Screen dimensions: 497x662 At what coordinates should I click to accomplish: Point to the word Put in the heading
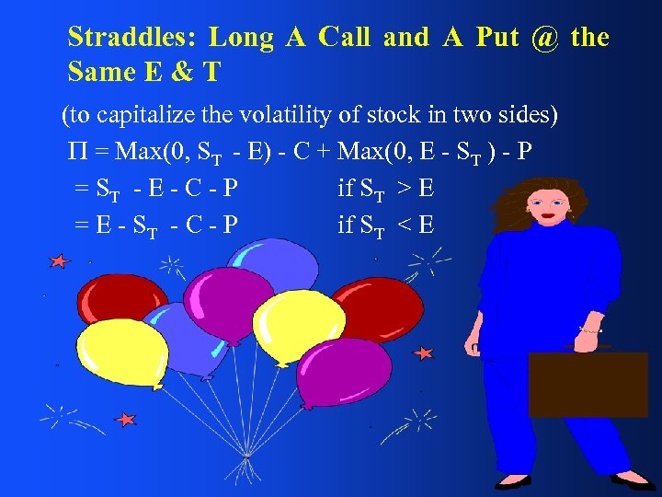pos(496,38)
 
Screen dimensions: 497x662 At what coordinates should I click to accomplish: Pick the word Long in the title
pos(242,38)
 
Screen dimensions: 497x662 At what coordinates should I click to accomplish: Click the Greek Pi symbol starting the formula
pos(75,153)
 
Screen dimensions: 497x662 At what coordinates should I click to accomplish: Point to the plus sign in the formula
pos(326,153)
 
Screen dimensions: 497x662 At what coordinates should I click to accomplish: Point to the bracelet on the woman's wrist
pos(590,329)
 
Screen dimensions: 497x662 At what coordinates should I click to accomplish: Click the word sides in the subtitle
pos(535,117)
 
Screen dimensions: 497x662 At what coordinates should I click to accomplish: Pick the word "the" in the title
pos(589,38)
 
